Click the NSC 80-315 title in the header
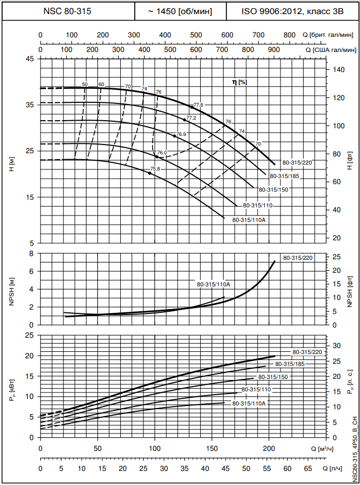click(x=68, y=10)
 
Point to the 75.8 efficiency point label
click(x=155, y=169)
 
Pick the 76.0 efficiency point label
click(x=162, y=153)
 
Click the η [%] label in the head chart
click(x=239, y=82)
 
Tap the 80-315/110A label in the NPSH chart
click(x=214, y=284)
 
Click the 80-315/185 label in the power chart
click(x=290, y=364)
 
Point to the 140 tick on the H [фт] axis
click(x=338, y=70)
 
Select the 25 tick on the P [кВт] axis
click(x=30, y=335)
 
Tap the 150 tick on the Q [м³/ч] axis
click(x=212, y=448)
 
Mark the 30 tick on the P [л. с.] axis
click(x=336, y=345)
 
